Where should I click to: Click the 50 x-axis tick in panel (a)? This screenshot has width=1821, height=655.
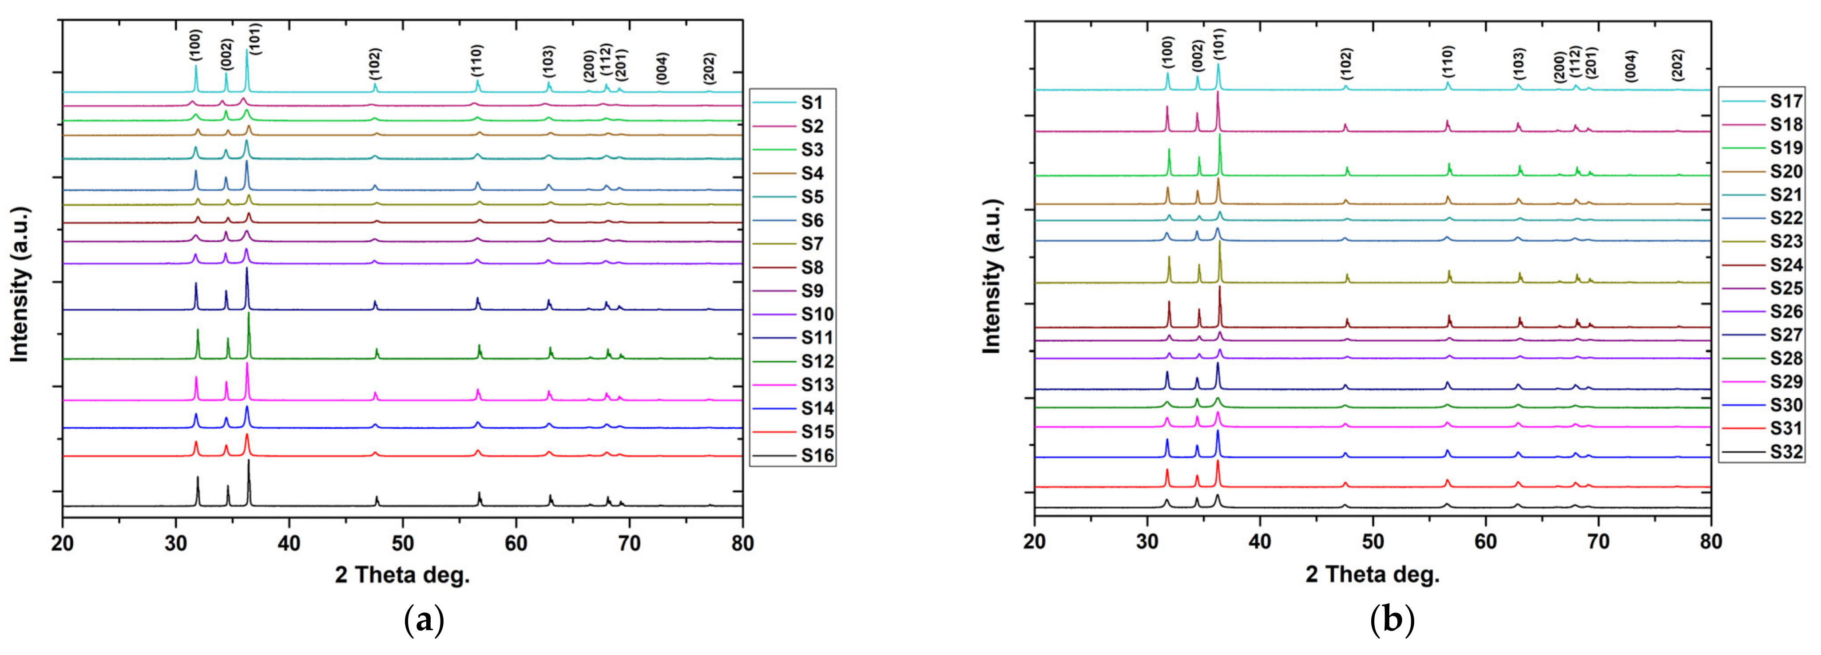[x=402, y=543]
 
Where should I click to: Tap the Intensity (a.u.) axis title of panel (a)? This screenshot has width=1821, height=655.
[x=20, y=284]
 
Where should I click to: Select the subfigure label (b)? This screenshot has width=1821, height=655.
[x=1392, y=621]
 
